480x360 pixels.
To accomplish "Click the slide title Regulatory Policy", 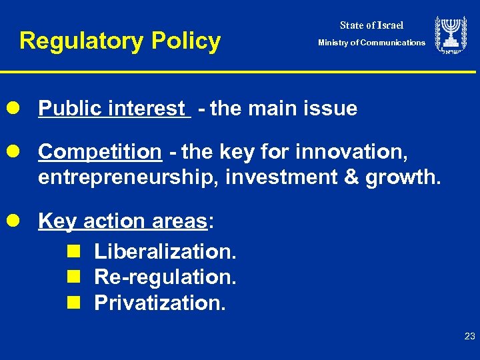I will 120,41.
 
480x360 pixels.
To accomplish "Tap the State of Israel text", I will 371,25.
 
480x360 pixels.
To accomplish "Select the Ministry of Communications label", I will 371,43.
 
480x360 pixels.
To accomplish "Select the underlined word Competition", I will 100,152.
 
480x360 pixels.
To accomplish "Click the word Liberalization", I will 165,251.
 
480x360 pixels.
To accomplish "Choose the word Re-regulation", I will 165,277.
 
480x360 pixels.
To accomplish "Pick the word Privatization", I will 160,303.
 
